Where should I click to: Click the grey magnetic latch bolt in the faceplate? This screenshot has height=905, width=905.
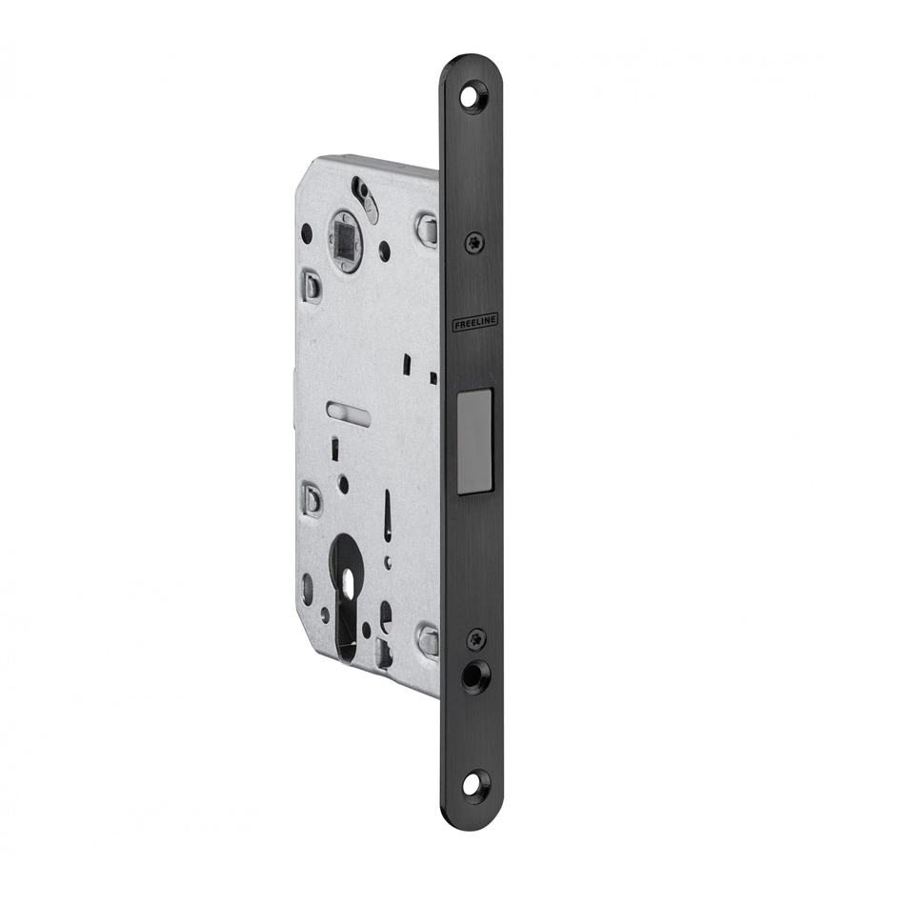[475, 441]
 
